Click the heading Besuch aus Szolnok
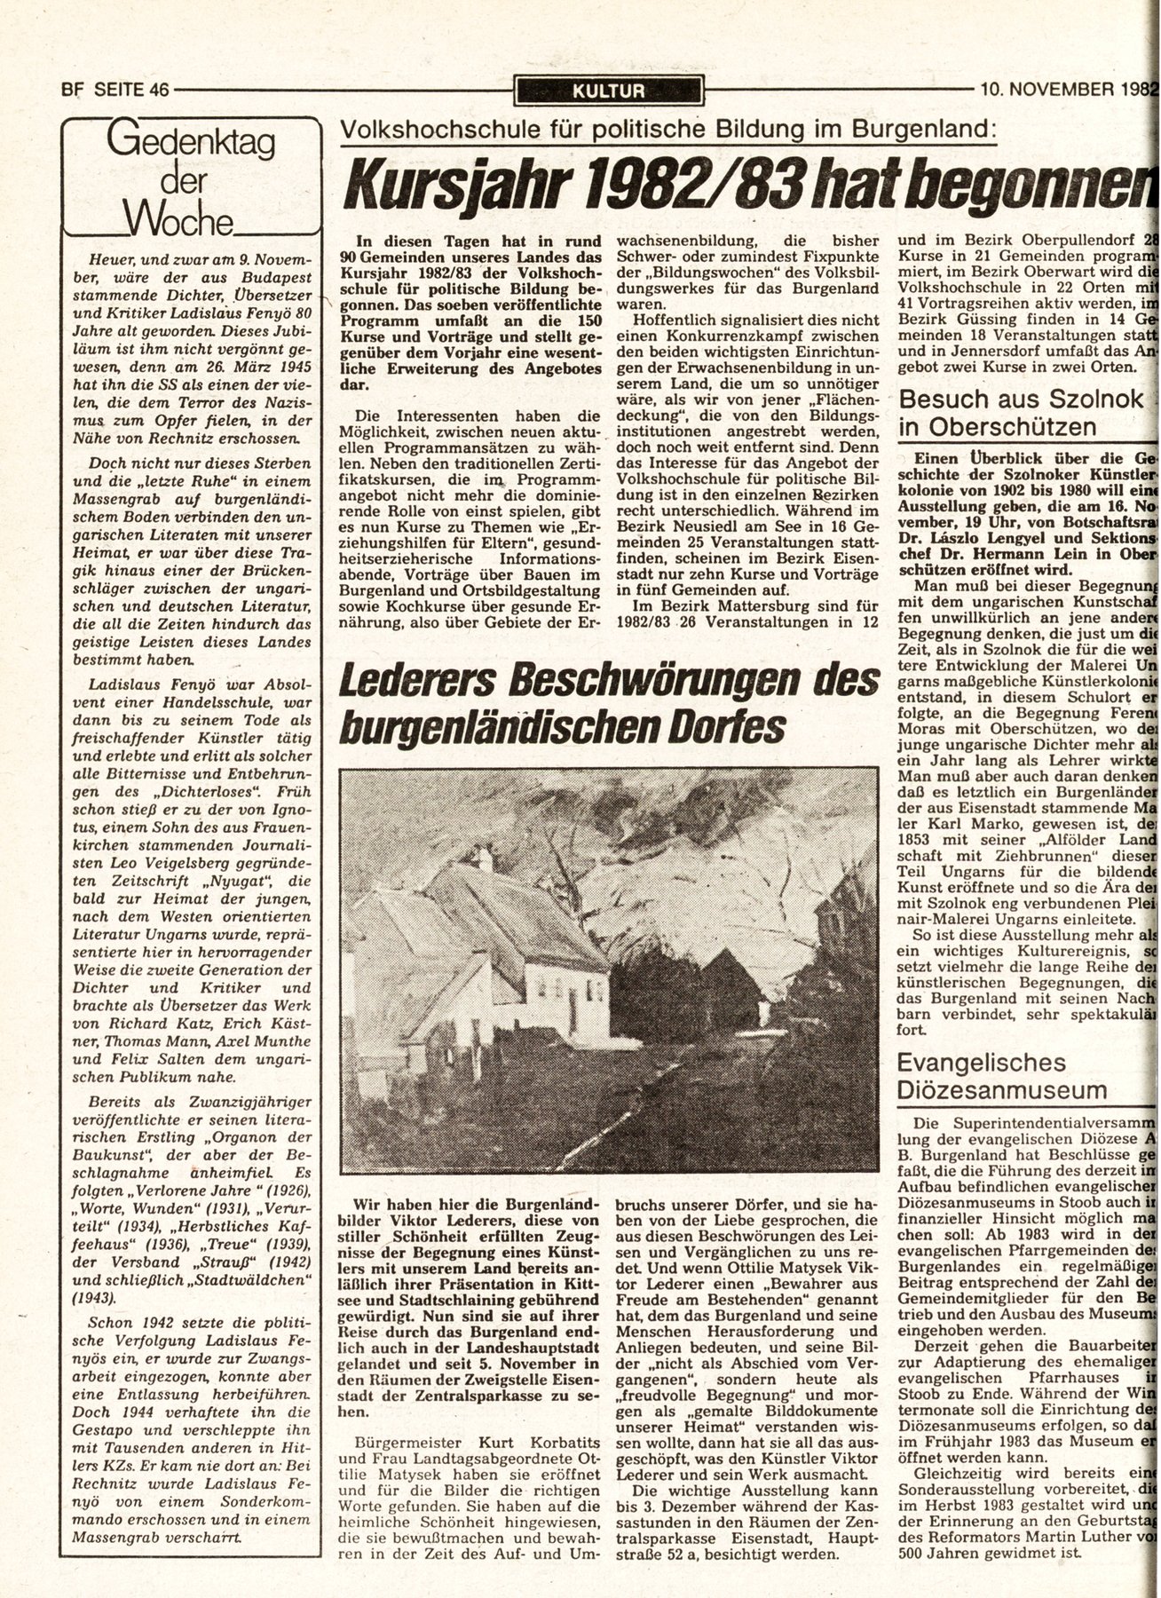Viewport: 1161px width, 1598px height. point(1021,399)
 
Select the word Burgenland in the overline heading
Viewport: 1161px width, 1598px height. point(928,130)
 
